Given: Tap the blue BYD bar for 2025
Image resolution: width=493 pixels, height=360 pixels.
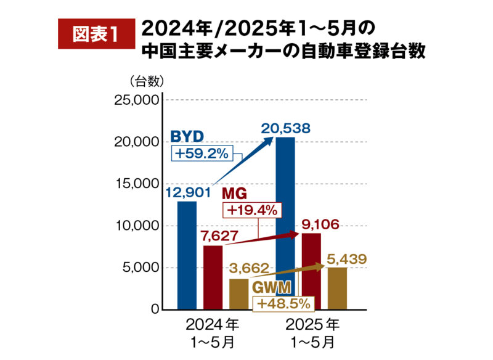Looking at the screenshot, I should click(285, 222).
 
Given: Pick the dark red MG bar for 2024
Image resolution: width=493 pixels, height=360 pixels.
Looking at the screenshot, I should click(213, 277).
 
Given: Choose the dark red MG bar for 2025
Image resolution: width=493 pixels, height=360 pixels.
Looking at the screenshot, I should click(311, 271).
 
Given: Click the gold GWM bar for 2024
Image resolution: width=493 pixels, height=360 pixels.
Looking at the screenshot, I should click(238, 294).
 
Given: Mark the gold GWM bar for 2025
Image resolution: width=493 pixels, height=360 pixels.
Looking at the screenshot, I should click(337, 288).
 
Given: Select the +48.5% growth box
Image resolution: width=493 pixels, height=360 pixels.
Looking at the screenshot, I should click(282, 303).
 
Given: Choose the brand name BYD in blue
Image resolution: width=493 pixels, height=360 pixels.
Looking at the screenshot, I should click(187, 136).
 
